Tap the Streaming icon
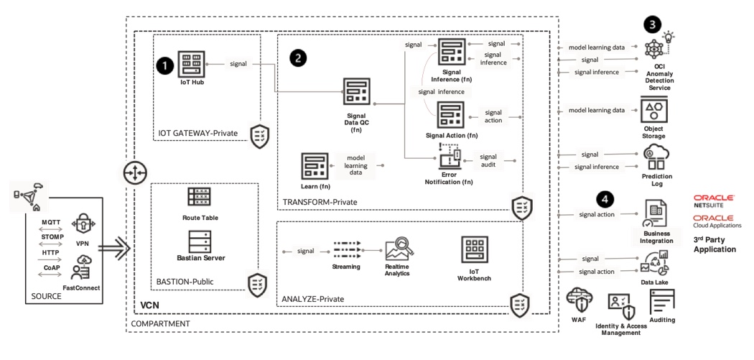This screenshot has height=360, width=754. (x=345, y=251)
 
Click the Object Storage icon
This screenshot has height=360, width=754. (x=653, y=111)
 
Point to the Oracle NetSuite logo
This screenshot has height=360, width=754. (x=714, y=200)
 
